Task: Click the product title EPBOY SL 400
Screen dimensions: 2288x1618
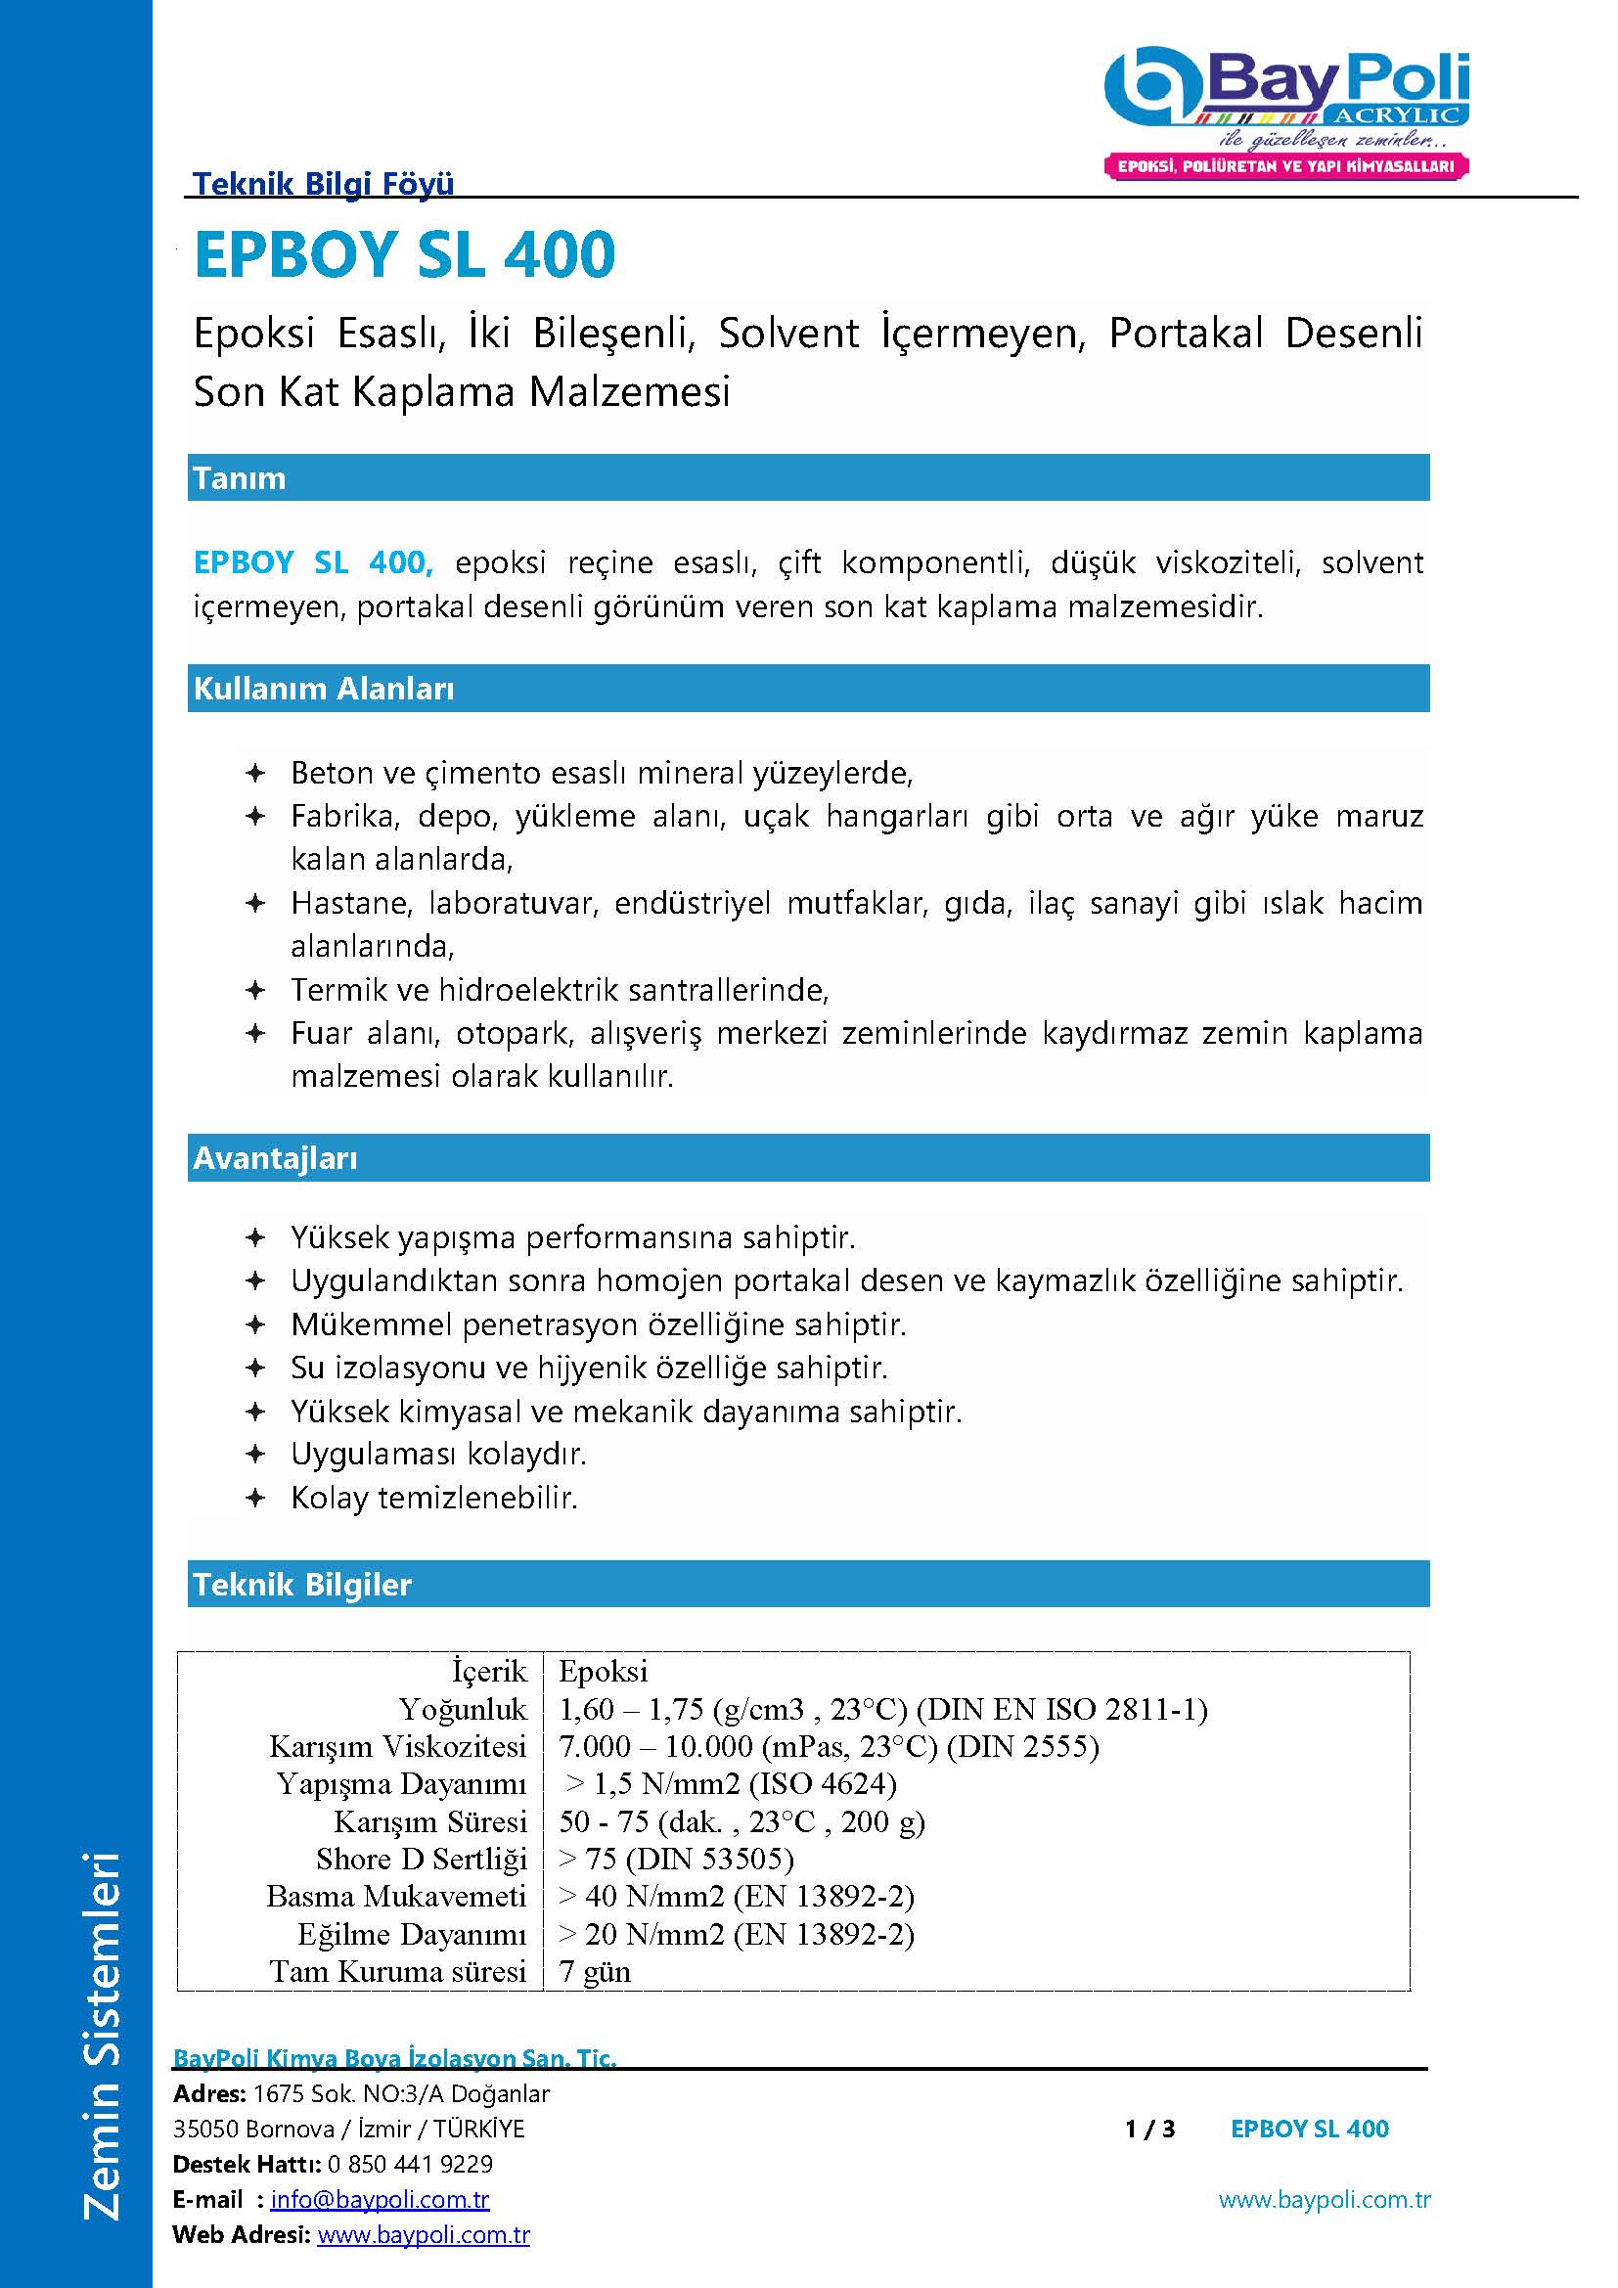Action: point(405,254)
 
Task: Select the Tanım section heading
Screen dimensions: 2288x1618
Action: point(239,478)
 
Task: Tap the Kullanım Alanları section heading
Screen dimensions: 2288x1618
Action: point(324,689)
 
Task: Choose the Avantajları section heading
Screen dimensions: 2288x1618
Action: point(275,1158)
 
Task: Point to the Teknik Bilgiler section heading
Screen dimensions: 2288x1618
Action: point(302,1585)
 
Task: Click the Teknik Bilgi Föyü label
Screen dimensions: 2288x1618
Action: point(323,183)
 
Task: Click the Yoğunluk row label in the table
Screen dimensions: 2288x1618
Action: point(463,1710)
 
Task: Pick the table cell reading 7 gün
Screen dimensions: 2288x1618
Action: point(595,1972)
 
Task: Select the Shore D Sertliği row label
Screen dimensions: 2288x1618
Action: point(421,1860)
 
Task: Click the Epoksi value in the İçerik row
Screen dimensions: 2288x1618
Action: point(603,1672)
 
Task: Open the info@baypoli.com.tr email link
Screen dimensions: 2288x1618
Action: point(380,2199)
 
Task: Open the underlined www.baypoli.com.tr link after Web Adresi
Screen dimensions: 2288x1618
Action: point(424,2235)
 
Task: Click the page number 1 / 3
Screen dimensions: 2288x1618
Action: point(1149,2130)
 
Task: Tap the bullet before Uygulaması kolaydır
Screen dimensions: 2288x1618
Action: point(255,1455)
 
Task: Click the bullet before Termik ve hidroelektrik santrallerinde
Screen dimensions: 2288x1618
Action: point(255,991)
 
